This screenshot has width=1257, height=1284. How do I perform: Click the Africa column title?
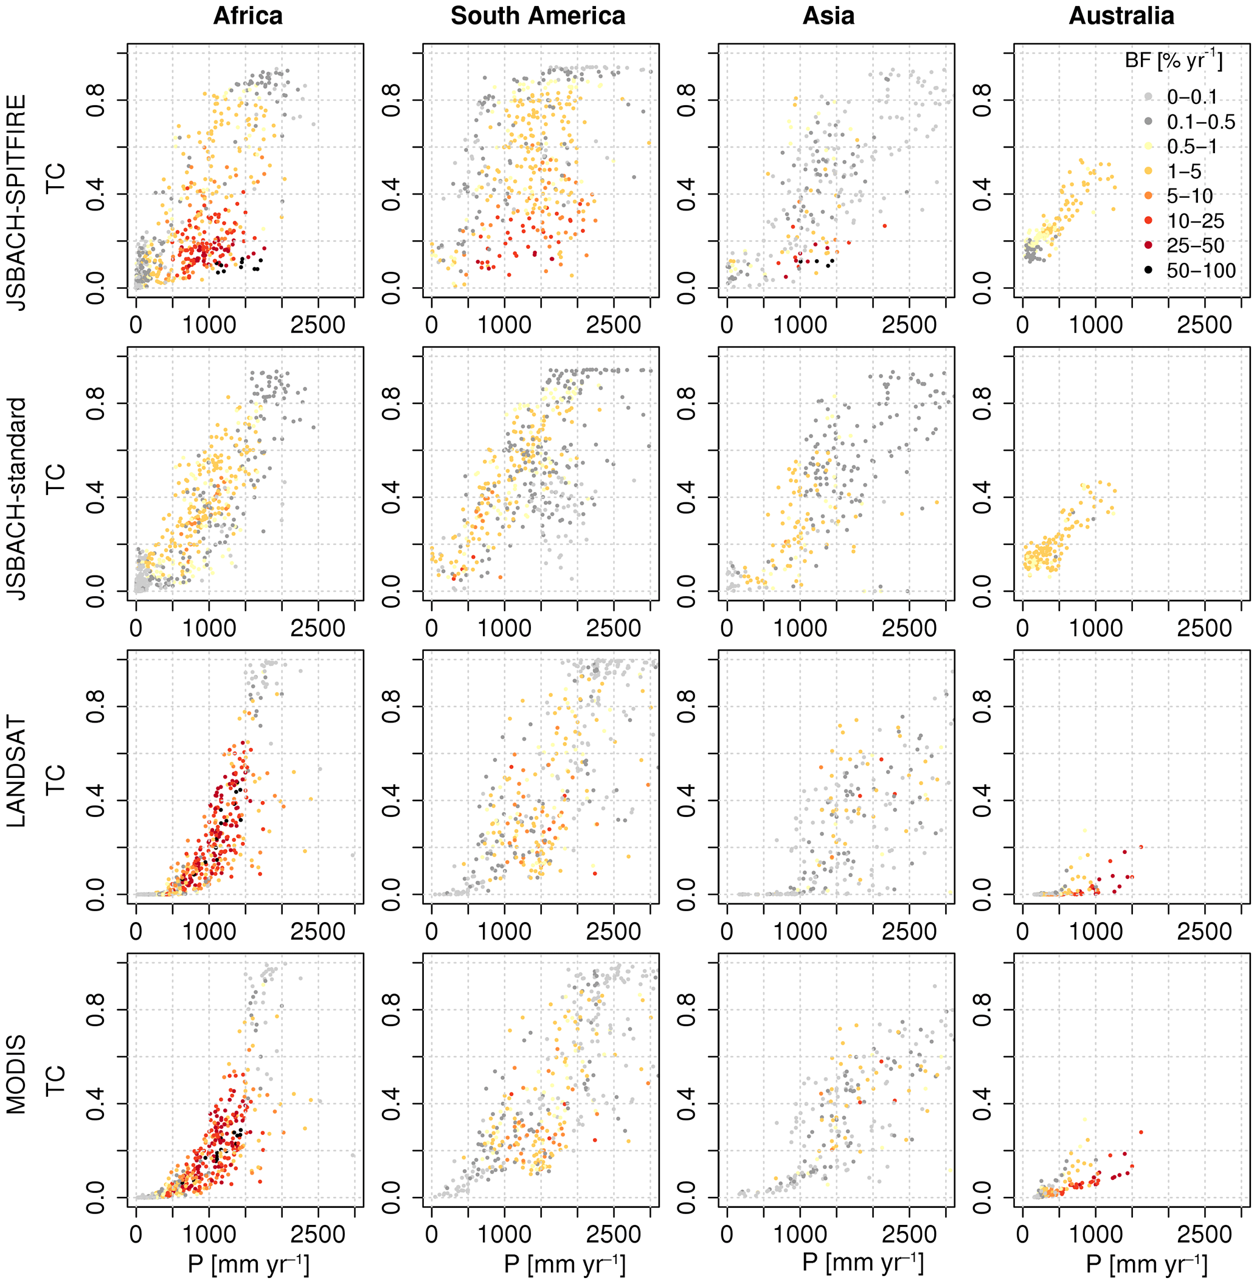pos(248,16)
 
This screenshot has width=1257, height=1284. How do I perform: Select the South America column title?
pos(538,16)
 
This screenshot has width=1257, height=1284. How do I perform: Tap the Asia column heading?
pos(828,16)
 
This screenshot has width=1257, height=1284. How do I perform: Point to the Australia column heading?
pos(1121,16)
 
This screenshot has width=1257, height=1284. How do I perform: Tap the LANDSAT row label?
pos(18,771)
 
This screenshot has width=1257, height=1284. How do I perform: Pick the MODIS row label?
pos(18,1074)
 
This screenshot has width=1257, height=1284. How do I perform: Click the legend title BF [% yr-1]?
pos(1173,61)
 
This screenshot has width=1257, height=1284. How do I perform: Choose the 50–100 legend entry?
pos(1201,271)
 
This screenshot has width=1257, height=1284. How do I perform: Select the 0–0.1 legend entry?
pos(1192,97)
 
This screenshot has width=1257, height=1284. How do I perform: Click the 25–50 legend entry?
pos(1195,246)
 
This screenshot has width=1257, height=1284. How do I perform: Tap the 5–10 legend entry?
pos(1189,196)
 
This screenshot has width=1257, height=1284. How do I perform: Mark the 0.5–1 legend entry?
pos(1192,147)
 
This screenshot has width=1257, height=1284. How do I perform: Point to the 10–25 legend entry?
pos(1195,221)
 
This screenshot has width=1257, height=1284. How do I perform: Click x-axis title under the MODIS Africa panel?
pos(248,1264)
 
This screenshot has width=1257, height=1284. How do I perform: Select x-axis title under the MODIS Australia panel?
pos(1147,1264)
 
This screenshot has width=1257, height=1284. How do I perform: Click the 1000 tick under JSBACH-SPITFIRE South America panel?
pos(504,325)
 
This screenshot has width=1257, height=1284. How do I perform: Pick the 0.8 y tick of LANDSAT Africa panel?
pos(96,706)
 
